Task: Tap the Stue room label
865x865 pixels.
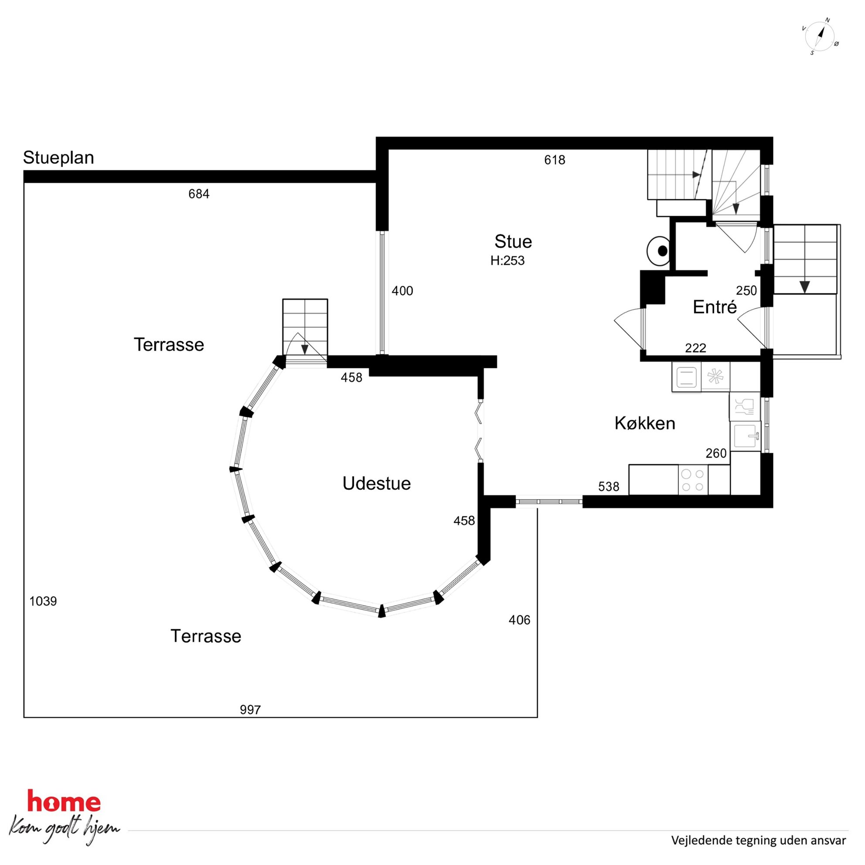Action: [x=513, y=242]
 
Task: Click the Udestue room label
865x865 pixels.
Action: [x=377, y=484]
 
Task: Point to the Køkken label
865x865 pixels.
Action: [x=645, y=423]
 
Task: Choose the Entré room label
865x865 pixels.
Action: [x=715, y=306]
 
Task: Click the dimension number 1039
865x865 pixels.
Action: [x=43, y=601]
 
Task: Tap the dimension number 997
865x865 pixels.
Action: [x=250, y=710]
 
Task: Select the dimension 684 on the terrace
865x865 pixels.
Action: [x=199, y=194]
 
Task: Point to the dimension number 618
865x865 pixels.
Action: [x=555, y=160]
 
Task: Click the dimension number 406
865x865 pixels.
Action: [x=519, y=620]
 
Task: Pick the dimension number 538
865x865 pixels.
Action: [x=609, y=487]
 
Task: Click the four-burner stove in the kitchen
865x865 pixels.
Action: [x=693, y=480]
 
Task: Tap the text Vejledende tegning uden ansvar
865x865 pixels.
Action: [x=759, y=841]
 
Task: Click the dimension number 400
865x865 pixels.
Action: [x=402, y=291]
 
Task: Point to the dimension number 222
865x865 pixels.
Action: [x=695, y=348]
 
